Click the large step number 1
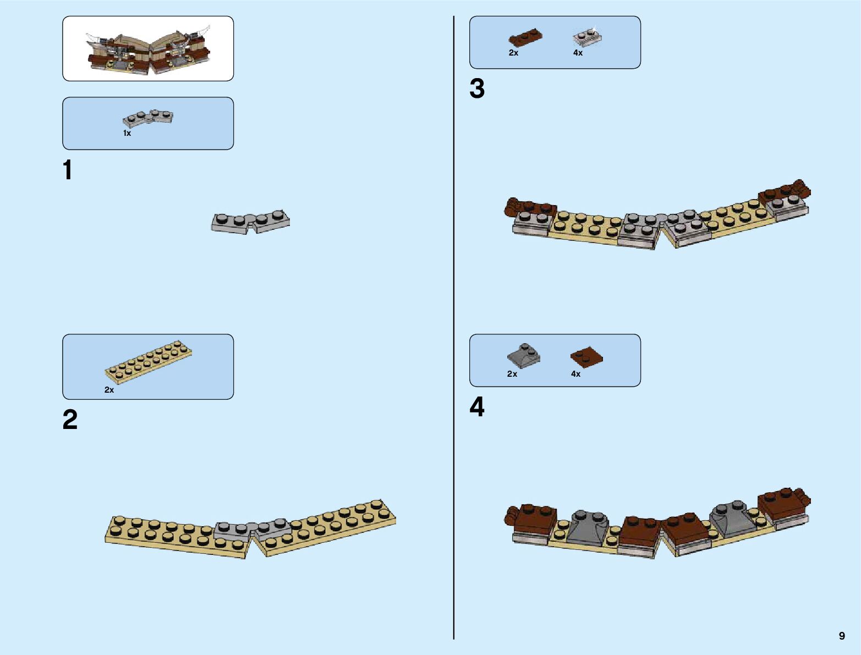point(68,170)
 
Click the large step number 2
point(70,420)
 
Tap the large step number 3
point(477,89)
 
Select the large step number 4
point(477,408)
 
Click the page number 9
point(842,636)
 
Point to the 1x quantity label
point(127,134)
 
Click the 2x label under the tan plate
point(109,390)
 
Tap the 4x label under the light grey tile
point(578,53)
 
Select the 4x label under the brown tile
point(575,374)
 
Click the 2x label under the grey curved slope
point(512,374)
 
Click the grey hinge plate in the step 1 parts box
point(147,117)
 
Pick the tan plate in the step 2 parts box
point(149,360)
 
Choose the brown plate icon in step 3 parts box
point(525,38)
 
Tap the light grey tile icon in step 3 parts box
point(587,37)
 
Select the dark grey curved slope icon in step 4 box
point(523,356)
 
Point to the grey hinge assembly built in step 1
point(250,222)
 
